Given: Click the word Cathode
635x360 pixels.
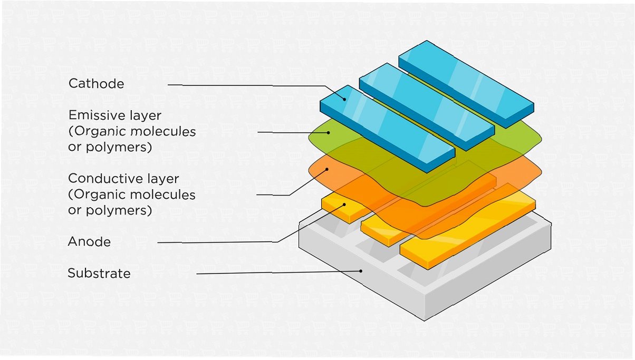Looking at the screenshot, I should pyautogui.click(x=96, y=84).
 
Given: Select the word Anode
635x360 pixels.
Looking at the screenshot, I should pyautogui.click(x=89, y=242).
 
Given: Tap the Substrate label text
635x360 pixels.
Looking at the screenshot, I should pyautogui.click(x=99, y=274).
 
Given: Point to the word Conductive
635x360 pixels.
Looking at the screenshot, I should pyautogui.click(x=103, y=178).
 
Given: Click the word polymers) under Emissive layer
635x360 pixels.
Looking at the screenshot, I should pyautogui.click(x=110, y=148).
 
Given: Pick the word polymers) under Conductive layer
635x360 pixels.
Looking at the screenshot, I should pyautogui.click(x=110, y=210).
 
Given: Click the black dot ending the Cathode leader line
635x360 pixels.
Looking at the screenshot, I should pyautogui.click(x=345, y=98).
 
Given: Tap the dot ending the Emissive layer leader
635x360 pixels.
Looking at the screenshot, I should pyautogui.click(x=328, y=132).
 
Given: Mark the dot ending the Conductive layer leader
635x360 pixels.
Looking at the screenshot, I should pyautogui.click(x=328, y=170).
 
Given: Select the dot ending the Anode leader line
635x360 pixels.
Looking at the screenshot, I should pyautogui.click(x=344, y=204).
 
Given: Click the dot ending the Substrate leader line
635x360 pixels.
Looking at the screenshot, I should pyautogui.click(x=361, y=271).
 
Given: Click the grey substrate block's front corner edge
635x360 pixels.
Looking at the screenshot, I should pyautogui.click(x=425, y=311).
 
